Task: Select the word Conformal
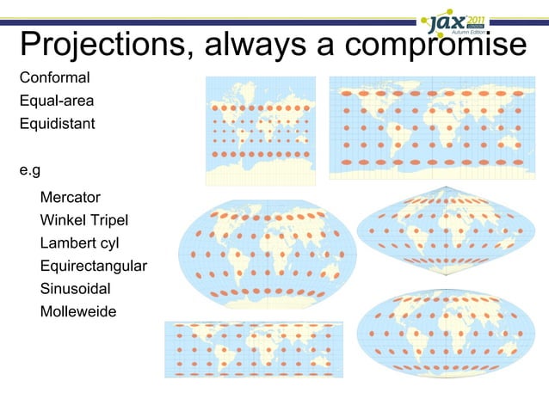(x=54, y=78)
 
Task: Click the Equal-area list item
(x=57, y=101)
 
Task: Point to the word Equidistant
(x=57, y=123)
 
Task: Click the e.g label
(x=30, y=169)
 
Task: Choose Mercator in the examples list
(x=71, y=198)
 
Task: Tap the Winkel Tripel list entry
(x=84, y=220)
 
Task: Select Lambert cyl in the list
(x=79, y=243)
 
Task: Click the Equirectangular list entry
(x=94, y=266)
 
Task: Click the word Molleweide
(x=78, y=310)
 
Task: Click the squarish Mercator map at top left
(x=261, y=131)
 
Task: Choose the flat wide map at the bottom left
(x=254, y=350)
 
